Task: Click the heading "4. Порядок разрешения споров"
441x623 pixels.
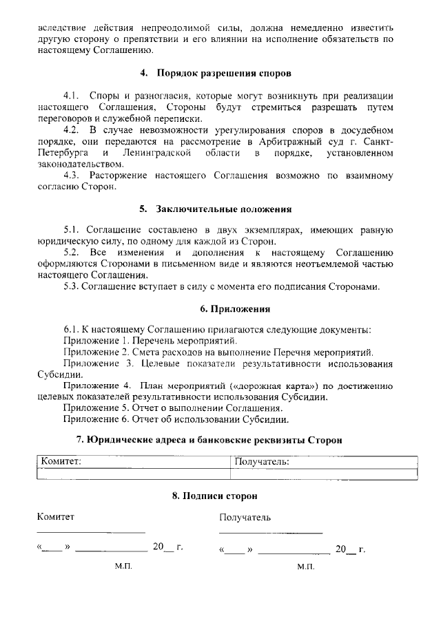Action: click(215, 73)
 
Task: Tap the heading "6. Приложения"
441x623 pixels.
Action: click(225, 309)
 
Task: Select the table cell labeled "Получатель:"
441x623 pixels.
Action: click(323, 462)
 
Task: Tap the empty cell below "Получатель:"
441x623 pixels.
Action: click(323, 474)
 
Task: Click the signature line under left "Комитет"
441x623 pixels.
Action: click(90, 532)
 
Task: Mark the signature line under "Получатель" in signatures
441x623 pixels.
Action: click(271, 533)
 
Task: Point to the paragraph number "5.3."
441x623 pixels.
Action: click(72, 286)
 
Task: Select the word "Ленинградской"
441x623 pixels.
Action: click(156, 152)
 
